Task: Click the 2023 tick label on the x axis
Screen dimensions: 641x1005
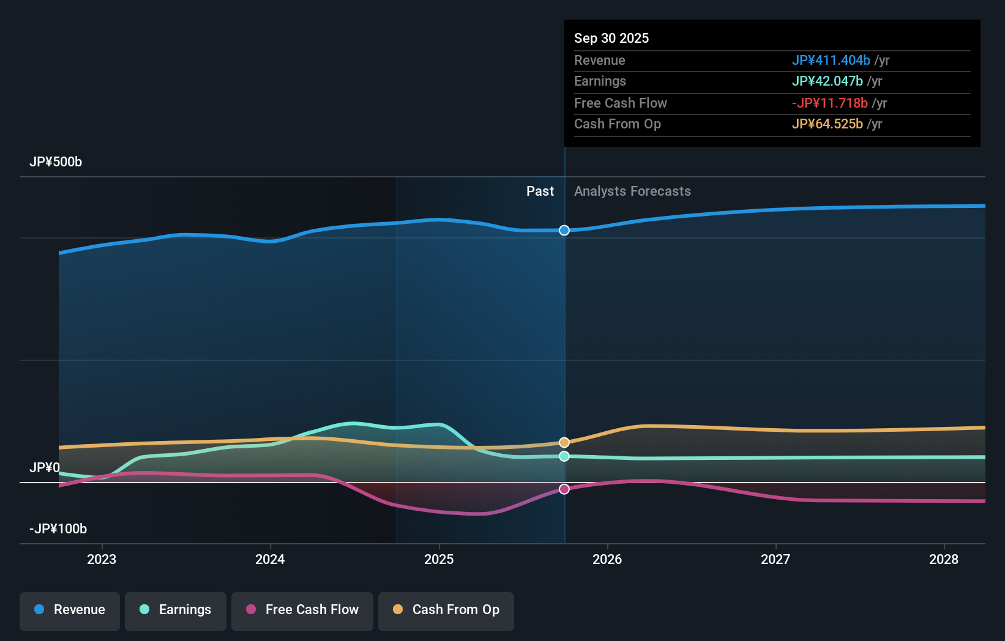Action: point(102,559)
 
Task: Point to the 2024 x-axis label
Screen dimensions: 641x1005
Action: point(270,559)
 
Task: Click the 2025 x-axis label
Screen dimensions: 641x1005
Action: point(439,559)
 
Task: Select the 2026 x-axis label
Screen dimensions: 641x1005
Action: point(607,559)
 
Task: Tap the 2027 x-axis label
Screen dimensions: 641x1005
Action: point(775,559)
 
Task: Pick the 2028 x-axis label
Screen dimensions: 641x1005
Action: point(944,559)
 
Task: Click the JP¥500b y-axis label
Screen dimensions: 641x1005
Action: point(56,162)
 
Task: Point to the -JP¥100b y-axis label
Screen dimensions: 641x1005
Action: point(58,529)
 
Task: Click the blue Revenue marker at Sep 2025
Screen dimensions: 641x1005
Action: point(564,231)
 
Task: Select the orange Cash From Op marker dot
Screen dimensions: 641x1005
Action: point(564,442)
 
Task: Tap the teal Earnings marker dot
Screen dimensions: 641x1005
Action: point(564,456)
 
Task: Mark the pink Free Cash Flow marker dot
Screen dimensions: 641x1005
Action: point(564,489)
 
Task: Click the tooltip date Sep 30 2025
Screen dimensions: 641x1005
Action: point(611,39)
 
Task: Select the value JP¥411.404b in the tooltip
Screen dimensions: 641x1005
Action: point(831,61)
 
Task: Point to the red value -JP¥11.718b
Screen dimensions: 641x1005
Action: point(829,103)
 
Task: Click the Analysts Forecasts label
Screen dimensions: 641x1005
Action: point(632,191)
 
